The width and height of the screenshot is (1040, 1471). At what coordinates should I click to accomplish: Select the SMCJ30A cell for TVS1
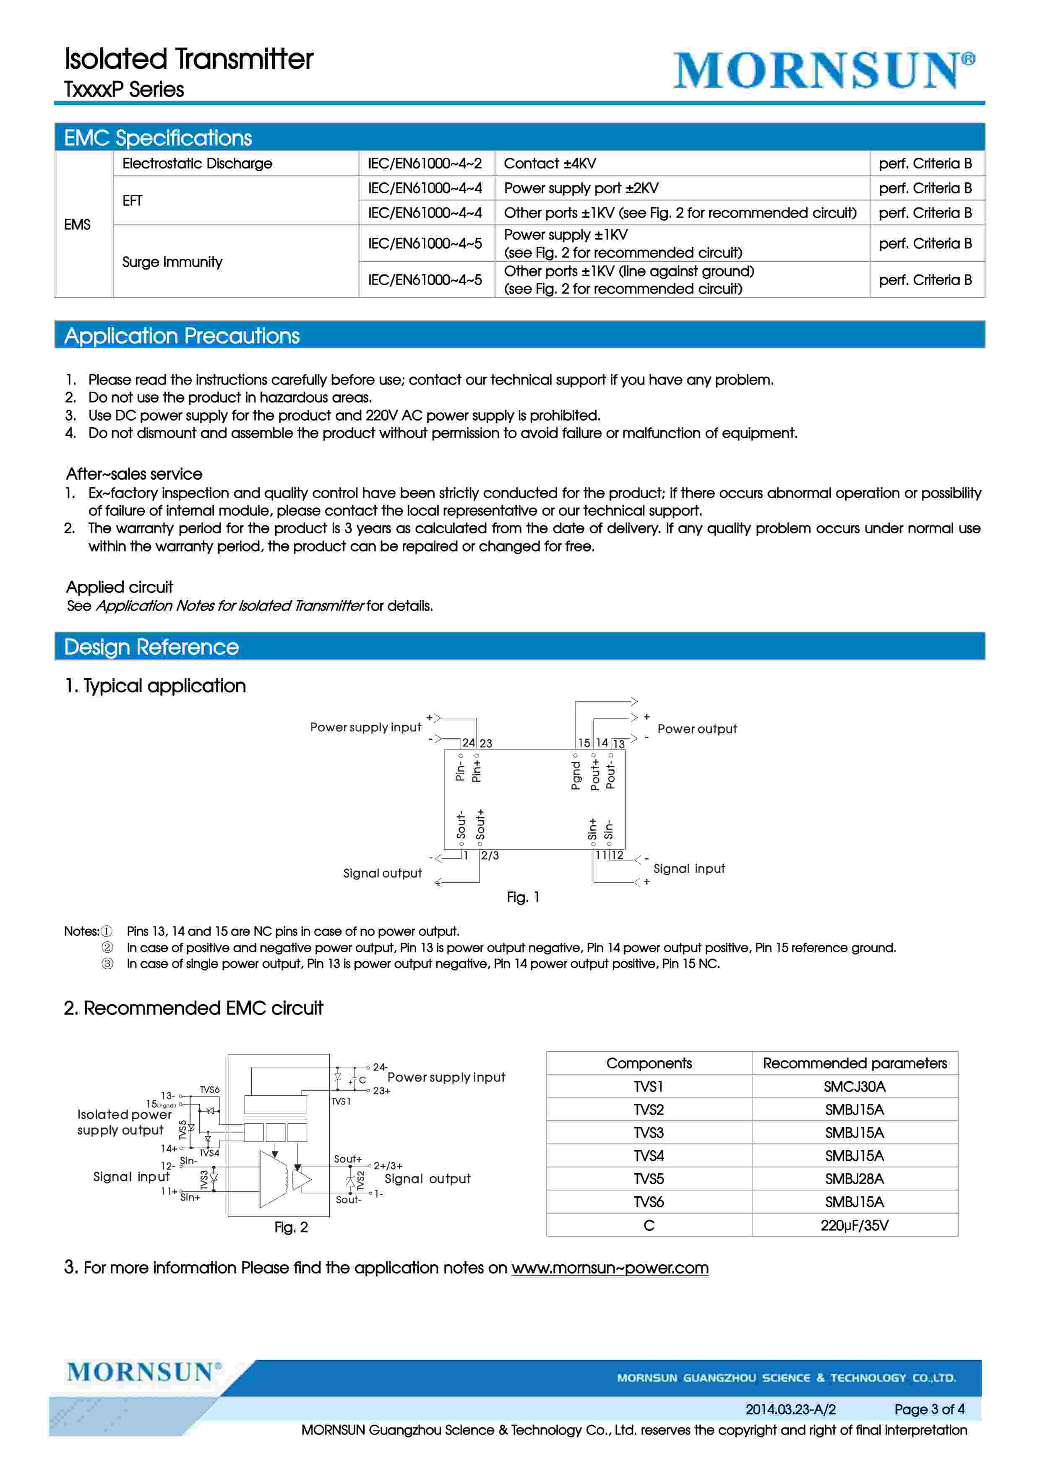pyautogui.click(x=854, y=1086)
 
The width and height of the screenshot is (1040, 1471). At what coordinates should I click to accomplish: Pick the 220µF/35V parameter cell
pyautogui.click(x=854, y=1226)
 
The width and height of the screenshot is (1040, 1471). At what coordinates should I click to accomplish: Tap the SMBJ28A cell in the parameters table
pyautogui.click(x=854, y=1179)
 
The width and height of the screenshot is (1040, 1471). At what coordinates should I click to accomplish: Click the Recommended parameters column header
pyautogui.click(x=854, y=1063)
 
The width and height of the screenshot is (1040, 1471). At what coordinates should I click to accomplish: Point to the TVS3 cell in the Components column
pyautogui.click(x=649, y=1133)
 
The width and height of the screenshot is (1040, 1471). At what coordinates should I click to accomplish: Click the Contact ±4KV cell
pyautogui.click(x=550, y=164)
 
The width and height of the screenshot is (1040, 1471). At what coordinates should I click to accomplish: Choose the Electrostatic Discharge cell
pyautogui.click(x=197, y=164)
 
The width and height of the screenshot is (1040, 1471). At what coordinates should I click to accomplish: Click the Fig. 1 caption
pyautogui.click(x=523, y=898)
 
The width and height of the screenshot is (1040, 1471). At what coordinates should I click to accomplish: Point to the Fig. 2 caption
pyautogui.click(x=291, y=1227)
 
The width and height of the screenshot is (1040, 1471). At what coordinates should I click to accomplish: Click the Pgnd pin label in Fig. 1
pyautogui.click(x=576, y=776)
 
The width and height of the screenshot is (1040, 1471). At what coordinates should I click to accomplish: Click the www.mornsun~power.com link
pyautogui.click(x=610, y=1268)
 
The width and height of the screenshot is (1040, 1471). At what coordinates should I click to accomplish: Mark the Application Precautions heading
pyautogui.click(x=182, y=336)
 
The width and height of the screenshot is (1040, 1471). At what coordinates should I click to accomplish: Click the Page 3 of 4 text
pyautogui.click(x=929, y=1409)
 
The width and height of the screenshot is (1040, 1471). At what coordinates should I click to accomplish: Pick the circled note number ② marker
pyautogui.click(x=108, y=948)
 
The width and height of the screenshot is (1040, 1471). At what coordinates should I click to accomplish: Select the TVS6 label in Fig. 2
pyautogui.click(x=209, y=1090)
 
